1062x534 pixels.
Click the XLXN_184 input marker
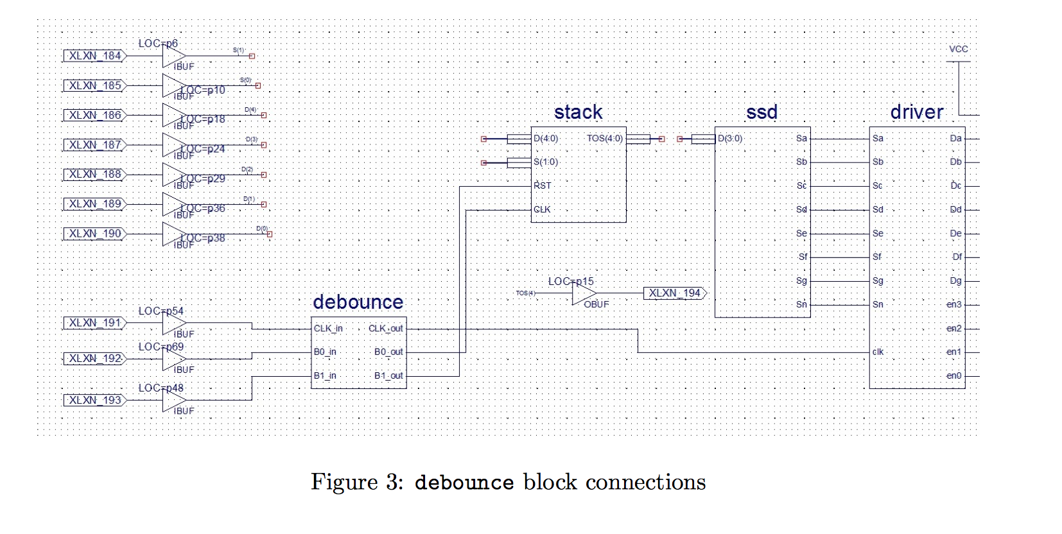(95, 56)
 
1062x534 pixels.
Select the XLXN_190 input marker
(95, 234)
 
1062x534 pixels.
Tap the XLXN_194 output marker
(675, 293)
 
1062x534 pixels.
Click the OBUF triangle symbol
(584, 293)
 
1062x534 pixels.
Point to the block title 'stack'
(578, 112)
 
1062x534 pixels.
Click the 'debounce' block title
(358, 302)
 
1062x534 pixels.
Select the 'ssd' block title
(762, 112)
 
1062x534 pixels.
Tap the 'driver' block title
(916, 112)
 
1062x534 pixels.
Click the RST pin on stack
(543, 185)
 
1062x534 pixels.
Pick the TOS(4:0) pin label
(604, 139)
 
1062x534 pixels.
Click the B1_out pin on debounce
(388, 375)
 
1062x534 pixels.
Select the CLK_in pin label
(328, 329)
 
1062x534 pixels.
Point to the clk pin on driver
(878, 352)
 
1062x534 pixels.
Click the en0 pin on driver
(953, 375)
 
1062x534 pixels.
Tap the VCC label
(958, 49)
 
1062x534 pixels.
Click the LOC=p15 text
(571, 281)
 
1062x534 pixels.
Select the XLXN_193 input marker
(95, 400)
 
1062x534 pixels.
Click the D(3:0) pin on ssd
(730, 139)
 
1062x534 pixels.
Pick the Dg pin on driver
(955, 280)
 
